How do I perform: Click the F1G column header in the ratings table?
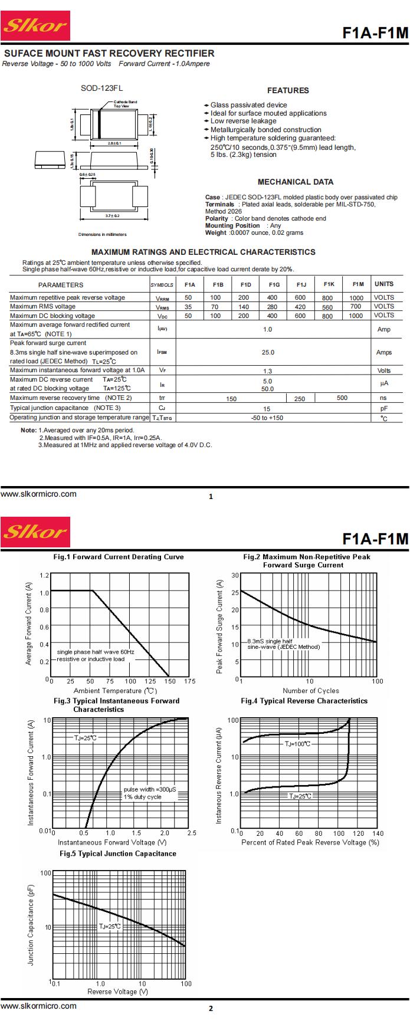[274, 284]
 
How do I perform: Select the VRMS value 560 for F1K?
[327, 307]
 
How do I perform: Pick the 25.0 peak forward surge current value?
[268, 352]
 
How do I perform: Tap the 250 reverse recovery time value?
[300, 399]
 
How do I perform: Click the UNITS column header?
[383, 284]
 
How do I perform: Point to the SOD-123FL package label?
[101, 88]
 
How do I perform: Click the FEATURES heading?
[288, 90]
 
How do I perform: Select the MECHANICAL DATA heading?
[296, 182]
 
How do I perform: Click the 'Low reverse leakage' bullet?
[243, 121]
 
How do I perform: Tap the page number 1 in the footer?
[211, 497]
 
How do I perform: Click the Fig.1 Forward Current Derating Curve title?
[119, 557]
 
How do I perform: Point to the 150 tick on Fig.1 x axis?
[170, 681]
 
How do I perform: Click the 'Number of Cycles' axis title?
[311, 691]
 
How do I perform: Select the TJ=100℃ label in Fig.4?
[297, 744]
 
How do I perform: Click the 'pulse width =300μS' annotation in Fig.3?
[150, 789]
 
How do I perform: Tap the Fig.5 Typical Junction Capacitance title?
[118, 854]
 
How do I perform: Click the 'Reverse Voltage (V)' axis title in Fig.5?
[118, 992]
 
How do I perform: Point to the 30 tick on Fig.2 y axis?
[235, 575]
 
